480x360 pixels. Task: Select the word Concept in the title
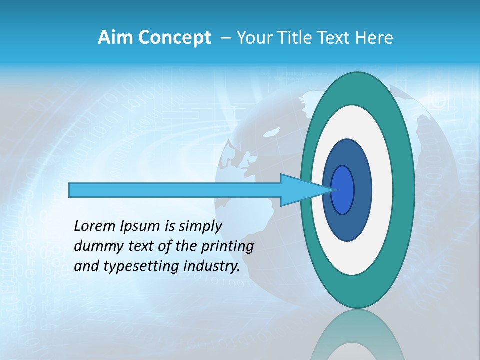(x=174, y=38)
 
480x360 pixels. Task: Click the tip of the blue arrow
(x=333, y=190)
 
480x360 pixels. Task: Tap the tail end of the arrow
(x=70, y=190)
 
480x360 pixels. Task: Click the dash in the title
(x=225, y=38)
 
